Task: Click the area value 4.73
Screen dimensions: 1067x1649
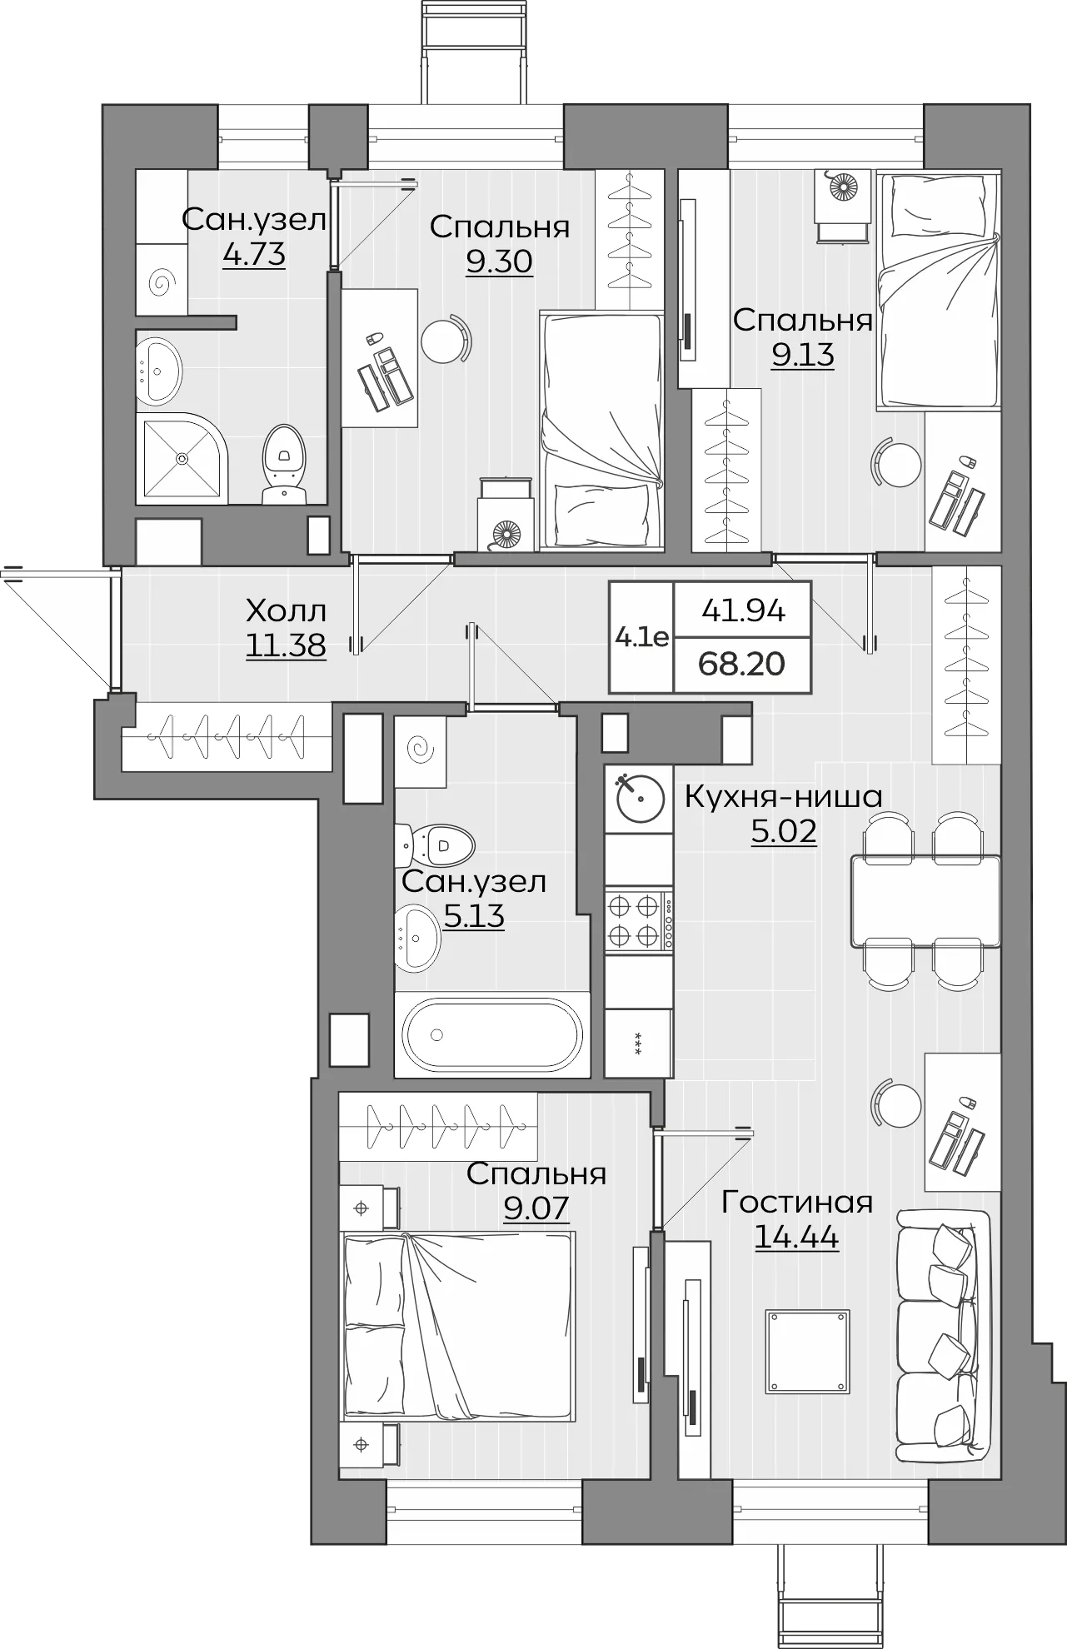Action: pyautogui.click(x=254, y=254)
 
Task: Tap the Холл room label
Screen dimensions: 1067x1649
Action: pyautogui.click(x=286, y=611)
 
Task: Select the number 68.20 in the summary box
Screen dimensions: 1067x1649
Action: pyautogui.click(x=742, y=665)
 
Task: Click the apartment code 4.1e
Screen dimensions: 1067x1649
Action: pyautogui.click(x=641, y=638)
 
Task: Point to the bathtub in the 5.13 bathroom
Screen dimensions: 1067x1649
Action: pyautogui.click(x=491, y=1034)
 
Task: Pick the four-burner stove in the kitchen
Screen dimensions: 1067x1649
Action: pyautogui.click(x=638, y=921)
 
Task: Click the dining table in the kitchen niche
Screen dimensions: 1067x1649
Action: pyautogui.click(x=925, y=901)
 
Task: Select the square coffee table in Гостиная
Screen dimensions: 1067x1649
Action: pyautogui.click(x=808, y=1351)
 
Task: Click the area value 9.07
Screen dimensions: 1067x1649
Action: pyautogui.click(x=536, y=1208)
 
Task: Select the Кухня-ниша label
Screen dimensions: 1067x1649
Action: pyautogui.click(x=783, y=797)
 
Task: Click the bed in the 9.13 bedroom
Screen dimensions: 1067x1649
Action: pyautogui.click(x=937, y=291)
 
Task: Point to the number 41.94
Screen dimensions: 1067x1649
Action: pyautogui.click(x=744, y=611)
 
